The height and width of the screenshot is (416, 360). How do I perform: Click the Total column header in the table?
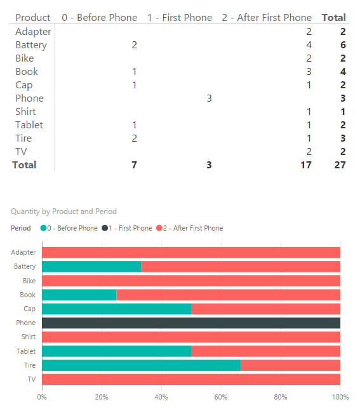tap(334, 18)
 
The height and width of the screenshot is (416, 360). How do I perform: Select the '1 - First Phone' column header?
tap(180, 18)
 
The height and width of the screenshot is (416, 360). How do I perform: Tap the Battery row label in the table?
tap(31, 45)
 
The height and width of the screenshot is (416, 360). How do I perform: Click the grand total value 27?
tap(340, 164)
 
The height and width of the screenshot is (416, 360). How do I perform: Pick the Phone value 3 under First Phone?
tap(209, 98)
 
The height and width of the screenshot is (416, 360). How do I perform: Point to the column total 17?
tap(306, 164)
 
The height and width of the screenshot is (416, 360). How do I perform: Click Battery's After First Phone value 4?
tap(309, 45)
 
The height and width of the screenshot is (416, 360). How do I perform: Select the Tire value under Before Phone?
tap(134, 138)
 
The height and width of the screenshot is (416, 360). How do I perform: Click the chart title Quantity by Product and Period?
tap(63, 211)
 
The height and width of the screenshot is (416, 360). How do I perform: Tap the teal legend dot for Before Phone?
tap(43, 228)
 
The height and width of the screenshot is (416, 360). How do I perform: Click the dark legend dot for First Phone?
tap(105, 228)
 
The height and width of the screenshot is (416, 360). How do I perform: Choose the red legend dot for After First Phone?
tap(159, 228)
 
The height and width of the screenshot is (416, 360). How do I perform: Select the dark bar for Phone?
tap(191, 323)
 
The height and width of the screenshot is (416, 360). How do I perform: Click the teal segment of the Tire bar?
tap(142, 365)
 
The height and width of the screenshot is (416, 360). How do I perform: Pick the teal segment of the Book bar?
tap(79, 295)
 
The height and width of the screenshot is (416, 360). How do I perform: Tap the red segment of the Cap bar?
tap(265, 309)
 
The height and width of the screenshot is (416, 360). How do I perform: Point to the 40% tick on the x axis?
tap(161, 397)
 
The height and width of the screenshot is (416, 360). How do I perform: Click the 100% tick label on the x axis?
tap(340, 397)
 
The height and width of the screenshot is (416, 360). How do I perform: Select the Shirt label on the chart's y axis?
tap(29, 337)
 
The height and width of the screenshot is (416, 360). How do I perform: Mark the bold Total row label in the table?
tap(24, 164)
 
